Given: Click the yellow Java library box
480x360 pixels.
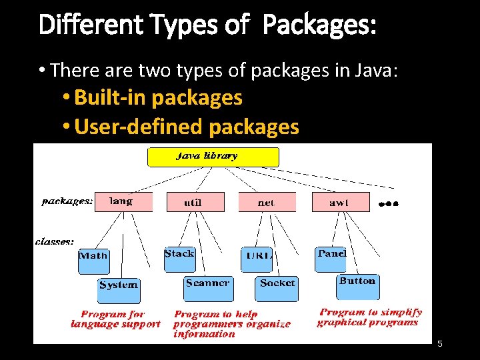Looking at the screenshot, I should point(213,157).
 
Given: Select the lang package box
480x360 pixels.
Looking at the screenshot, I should point(123,201).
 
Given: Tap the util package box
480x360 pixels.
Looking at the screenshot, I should point(195,202).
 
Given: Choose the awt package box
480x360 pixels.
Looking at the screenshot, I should point(340,202).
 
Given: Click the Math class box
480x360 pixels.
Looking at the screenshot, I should point(93,260).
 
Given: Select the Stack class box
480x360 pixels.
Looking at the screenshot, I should point(179,259).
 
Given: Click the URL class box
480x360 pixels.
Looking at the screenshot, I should point(257,259).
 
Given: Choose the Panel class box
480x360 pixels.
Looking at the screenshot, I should point(331,259).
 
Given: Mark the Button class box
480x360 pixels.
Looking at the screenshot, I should point(357,286).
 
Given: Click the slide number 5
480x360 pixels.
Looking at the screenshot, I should point(440,343).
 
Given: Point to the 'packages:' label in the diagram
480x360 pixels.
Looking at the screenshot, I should point(67,201).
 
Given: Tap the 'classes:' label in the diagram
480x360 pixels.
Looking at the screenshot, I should point(55,241).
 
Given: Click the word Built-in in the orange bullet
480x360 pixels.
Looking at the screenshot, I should point(110,98).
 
